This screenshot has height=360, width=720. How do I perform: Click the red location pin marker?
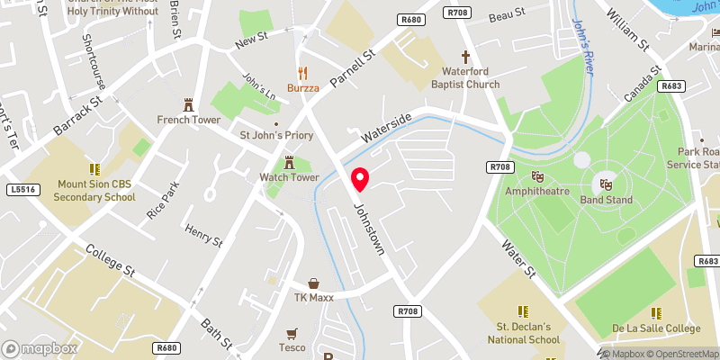(360, 179)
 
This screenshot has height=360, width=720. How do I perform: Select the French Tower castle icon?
(189, 103)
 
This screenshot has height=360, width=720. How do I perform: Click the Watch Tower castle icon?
(290, 162)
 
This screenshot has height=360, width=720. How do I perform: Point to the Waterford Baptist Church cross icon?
(466, 56)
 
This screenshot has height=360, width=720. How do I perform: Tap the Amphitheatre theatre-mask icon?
(538, 176)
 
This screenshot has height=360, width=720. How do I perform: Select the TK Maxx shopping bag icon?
(313, 283)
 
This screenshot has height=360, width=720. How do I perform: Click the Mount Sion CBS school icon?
(94, 168)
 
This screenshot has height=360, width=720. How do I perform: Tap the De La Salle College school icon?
(656, 312)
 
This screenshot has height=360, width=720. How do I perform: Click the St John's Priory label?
(274, 136)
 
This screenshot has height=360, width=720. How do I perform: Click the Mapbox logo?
(40, 348)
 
